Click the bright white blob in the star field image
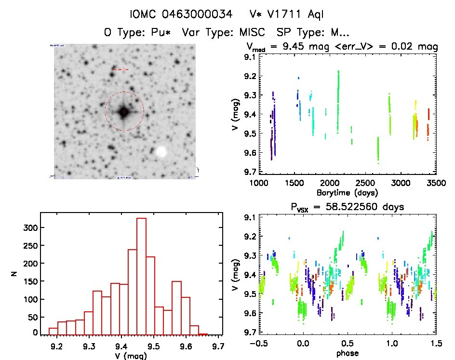(x=161, y=152)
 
